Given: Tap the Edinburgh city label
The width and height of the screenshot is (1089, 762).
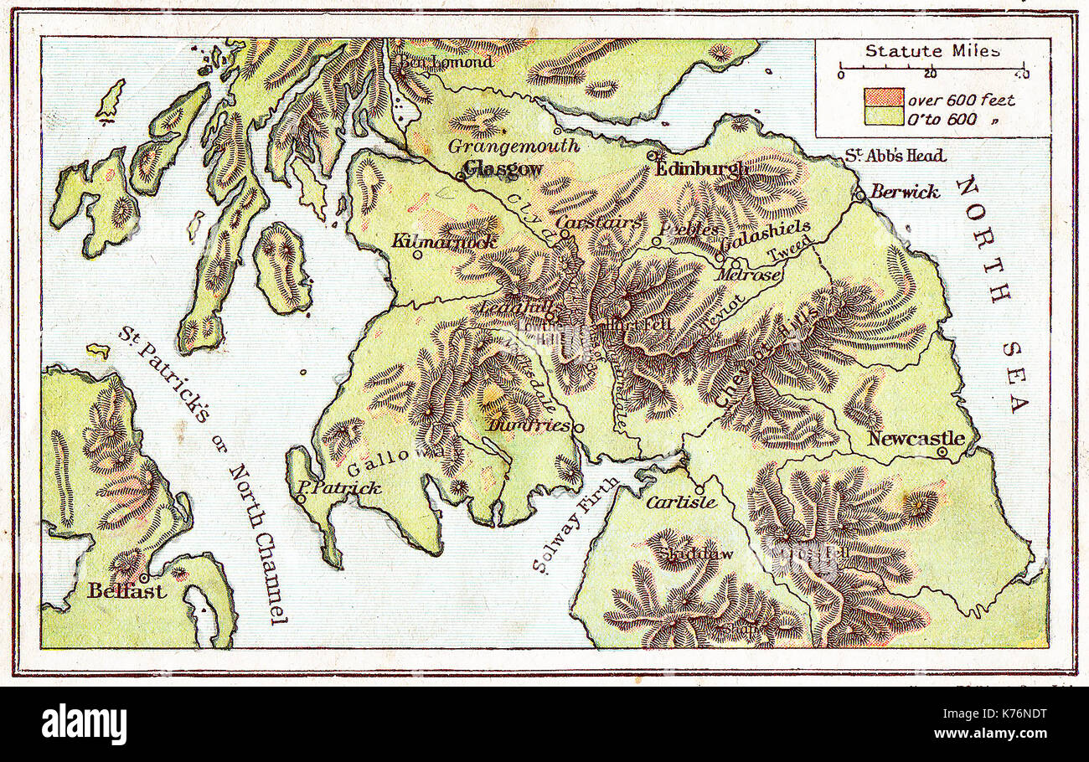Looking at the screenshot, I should [702, 169].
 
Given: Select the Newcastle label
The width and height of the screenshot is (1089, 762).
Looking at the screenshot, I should [916, 438].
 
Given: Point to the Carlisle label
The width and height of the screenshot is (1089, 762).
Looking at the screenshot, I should [680, 502].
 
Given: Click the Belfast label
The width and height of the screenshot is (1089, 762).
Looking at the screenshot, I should [126, 591].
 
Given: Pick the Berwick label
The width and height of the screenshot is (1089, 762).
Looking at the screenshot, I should [904, 191].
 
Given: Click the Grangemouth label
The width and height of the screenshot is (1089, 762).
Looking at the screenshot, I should [514, 146].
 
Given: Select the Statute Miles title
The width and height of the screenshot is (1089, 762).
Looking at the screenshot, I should [932, 51].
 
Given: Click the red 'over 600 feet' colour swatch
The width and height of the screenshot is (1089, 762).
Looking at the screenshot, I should [883, 98].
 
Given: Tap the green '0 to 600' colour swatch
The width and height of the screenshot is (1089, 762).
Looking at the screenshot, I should [883, 117].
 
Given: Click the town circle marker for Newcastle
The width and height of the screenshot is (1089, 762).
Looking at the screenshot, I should [942, 452].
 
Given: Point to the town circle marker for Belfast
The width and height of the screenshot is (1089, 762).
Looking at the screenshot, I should [144, 578].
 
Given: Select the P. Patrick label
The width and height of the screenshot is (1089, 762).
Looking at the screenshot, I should [339, 488].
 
